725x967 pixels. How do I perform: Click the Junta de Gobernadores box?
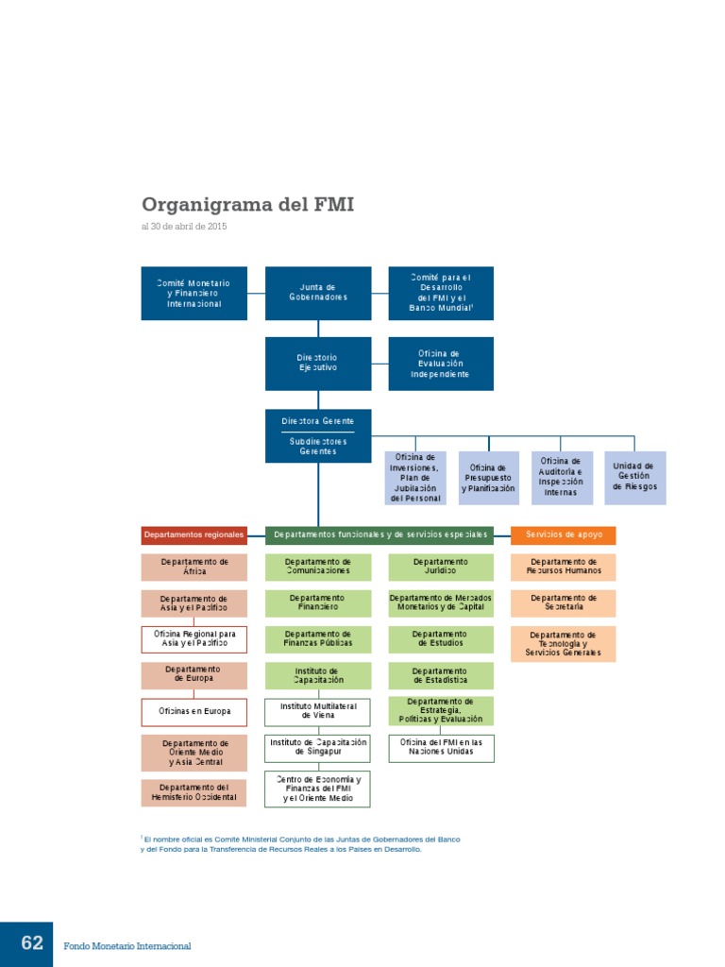coord(317,293)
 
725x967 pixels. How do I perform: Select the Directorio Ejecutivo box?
coord(317,363)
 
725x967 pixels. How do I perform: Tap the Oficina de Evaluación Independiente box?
coord(440,363)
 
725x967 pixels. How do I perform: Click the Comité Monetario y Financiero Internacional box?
coord(194,293)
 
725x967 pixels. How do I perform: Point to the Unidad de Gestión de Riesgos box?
coord(634,476)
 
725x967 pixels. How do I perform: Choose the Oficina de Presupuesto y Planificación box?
coord(488,477)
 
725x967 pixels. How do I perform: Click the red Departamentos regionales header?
coord(194,535)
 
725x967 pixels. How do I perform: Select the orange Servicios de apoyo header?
coord(564,535)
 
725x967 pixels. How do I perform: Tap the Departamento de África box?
coord(194,567)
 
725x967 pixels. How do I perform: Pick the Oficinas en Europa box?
coord(194,711)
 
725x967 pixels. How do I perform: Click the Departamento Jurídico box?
coord(440,567)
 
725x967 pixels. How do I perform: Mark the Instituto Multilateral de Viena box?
coord(317,711)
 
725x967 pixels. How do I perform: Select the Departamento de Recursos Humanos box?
coord(564,567)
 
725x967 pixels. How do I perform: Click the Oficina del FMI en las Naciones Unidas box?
coord(440,747)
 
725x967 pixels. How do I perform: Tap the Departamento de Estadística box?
coord(440,675)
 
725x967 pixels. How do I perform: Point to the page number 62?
coord(32,943)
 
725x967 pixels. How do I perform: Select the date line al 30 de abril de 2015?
coord(184,227)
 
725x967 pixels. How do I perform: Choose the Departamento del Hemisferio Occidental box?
coord(194,792)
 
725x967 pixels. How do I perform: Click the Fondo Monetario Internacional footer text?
coord(127,945)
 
